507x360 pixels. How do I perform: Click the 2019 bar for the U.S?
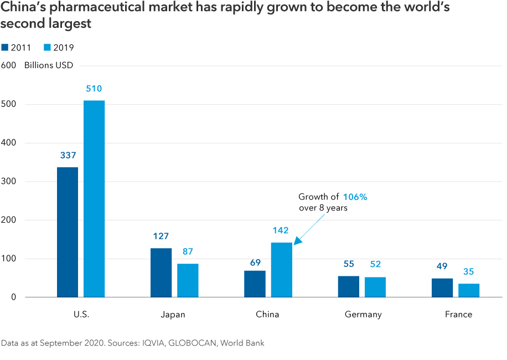[94, 199]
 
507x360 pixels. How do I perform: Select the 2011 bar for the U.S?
[68, 232]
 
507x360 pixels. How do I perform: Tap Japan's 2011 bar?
[161, 272]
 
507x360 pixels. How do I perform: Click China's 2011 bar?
[255, 284]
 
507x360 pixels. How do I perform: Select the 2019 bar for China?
[282, 270]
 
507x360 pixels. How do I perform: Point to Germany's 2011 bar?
[349, 286]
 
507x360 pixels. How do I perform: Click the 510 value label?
[94, 89]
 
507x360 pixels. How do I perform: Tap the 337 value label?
[68, 156]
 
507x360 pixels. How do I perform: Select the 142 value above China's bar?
[281, 230]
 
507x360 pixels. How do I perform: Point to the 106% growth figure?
[355, 197]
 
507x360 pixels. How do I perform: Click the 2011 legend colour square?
[5, 48]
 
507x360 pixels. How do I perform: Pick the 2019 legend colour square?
[48, 48]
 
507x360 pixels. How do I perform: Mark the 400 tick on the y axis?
[9, 143]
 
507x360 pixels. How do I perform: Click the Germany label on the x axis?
[363, 315]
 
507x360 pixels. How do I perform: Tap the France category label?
[458, 315]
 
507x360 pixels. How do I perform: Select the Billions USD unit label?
[49, 65]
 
